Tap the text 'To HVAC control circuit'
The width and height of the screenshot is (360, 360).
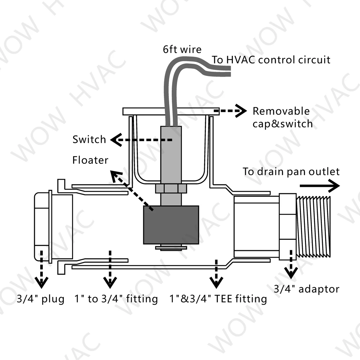tap(271, 59)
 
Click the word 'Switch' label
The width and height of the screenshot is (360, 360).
tap(89, 139)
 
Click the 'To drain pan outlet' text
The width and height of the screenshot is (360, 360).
tap(291, 171)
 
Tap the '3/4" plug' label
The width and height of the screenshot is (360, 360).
tap(41, 299)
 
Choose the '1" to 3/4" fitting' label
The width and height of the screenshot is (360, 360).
tap(116, 299)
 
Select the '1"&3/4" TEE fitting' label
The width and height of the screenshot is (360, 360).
tap(219, 299)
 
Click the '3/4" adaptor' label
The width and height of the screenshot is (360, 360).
tap(307, 288)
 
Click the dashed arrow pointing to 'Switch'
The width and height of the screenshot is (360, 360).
tap(140, 140)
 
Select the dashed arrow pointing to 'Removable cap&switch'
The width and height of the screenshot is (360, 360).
tap(233, 112)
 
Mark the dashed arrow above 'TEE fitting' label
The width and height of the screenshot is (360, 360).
tap(216, 274)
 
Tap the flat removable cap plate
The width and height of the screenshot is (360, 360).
tap(171, 112)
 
